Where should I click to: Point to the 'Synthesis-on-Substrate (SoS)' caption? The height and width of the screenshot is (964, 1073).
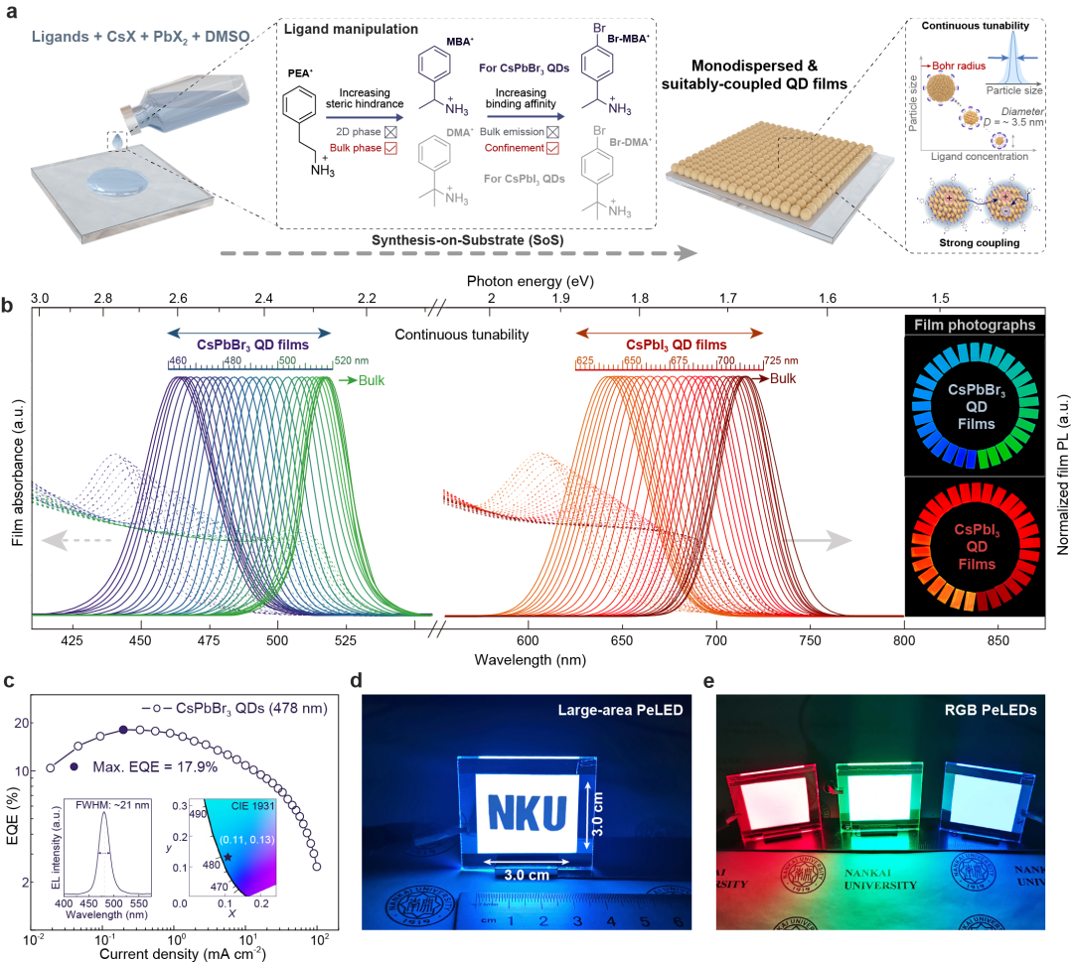click(x=490, y=240)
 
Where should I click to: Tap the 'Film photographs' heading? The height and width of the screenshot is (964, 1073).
click(x=974, y=324)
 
